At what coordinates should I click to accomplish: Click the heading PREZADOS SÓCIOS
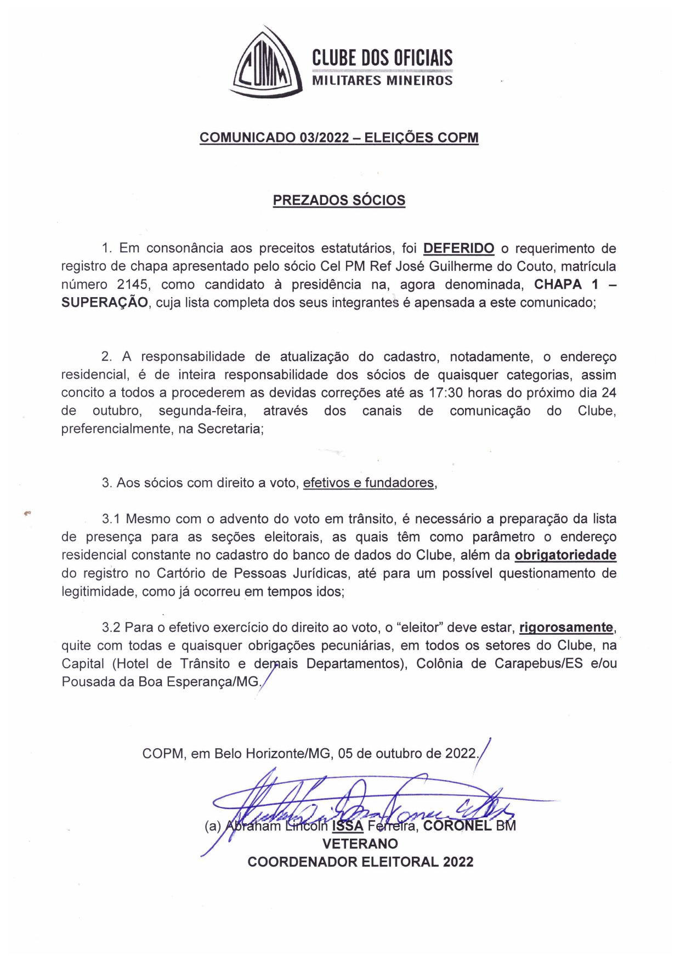(339, 200)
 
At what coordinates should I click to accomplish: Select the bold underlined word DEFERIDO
(458, 248)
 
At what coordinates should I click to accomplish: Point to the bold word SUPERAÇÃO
(104, 303)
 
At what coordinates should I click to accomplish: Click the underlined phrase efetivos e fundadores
(369, 483)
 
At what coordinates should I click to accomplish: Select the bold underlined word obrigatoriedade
(565, 555)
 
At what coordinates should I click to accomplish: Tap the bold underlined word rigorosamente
(566, 628)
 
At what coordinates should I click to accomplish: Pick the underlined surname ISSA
(348, 826)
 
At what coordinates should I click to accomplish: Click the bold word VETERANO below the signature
(360, 844)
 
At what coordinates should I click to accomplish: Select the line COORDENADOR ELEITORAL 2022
(360, 862)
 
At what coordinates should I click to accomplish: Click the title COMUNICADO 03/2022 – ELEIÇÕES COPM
(339, 138)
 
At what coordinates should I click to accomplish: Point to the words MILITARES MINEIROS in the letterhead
(382, 81)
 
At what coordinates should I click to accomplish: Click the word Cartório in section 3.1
(184, 573)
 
